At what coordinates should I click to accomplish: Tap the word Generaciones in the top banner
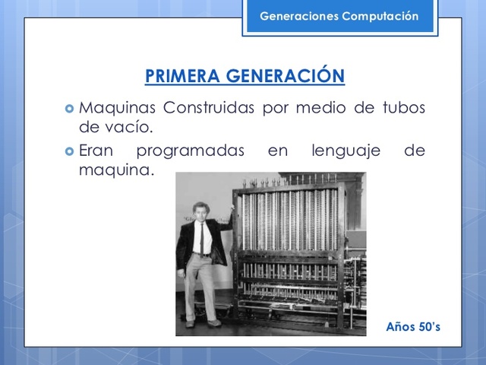pos(295,16)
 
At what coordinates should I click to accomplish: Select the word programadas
pos(191,151)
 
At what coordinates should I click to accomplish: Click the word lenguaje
pos(346,151)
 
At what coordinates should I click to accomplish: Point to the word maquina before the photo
pos(115,169)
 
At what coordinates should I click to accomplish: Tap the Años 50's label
pos(412,326)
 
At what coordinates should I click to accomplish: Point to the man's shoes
pos(204,322)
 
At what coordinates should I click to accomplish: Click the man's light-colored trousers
pos(201,285)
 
